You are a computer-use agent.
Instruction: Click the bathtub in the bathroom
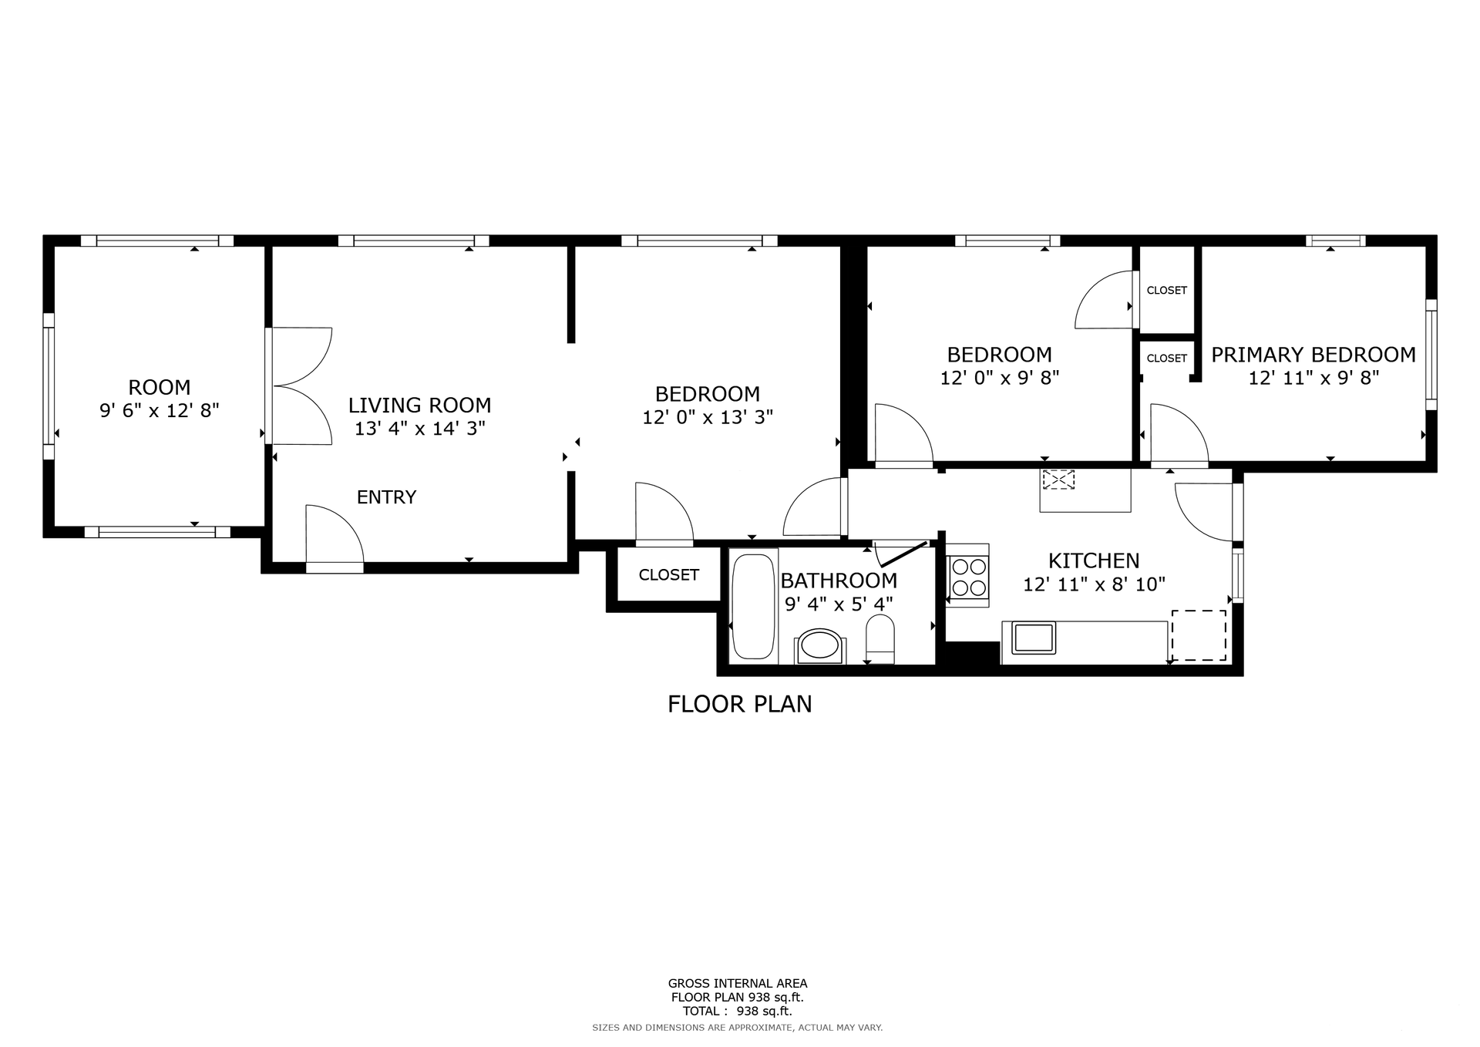coord(752,606)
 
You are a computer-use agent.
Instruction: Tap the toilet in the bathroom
coord(880,639)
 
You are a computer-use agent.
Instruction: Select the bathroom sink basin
coord(819,645)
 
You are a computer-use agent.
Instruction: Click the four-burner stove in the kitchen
coord(968,577)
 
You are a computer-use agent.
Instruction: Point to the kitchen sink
coord(1034,638)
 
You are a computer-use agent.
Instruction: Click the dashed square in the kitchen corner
coord(1199,635)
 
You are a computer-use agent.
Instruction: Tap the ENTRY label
coord(386,497)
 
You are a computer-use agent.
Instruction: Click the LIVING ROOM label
coord(419,405)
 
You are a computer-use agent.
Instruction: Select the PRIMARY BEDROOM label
coord(1313,355)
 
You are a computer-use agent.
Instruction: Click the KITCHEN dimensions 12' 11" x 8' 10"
coord(1094,584)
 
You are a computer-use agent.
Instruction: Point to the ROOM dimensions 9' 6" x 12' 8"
coord(160,410)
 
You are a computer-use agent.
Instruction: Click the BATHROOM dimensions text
coord(839,604)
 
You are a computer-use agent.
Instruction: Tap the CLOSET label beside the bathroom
coord(668,575)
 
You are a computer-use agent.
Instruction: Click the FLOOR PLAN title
coord(740,704)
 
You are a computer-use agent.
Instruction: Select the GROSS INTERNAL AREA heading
coord(738,983)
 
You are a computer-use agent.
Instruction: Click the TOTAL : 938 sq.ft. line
coord(737,1011)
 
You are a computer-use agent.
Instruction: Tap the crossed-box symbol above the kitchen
coord(1058,480)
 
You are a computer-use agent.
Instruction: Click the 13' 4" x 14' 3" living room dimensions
coord(419,429)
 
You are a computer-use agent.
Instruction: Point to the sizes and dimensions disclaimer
coord(738,1028)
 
